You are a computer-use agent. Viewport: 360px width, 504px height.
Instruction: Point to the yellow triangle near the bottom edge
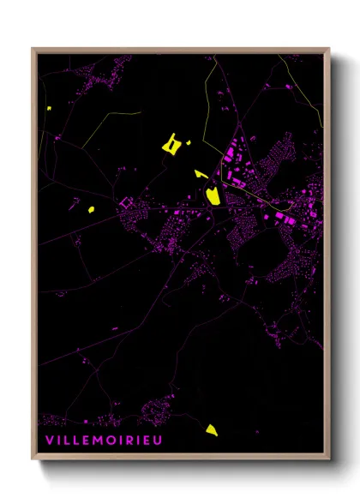tap(211, 429)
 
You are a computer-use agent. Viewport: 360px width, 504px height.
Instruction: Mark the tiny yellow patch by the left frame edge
tap(50, 109)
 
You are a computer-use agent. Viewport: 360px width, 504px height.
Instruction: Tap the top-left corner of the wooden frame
tap(33, 49)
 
